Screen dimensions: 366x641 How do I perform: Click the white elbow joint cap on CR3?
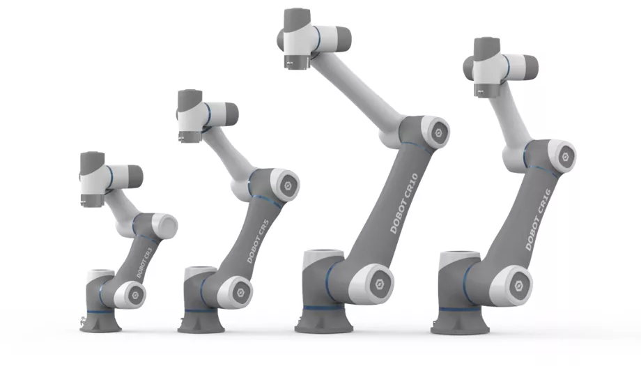(164, 224)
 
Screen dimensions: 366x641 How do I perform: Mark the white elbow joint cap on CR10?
(437, 130)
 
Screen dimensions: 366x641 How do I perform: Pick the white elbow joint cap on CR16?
(562, 154)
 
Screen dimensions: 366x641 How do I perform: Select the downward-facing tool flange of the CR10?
(295, 64)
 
